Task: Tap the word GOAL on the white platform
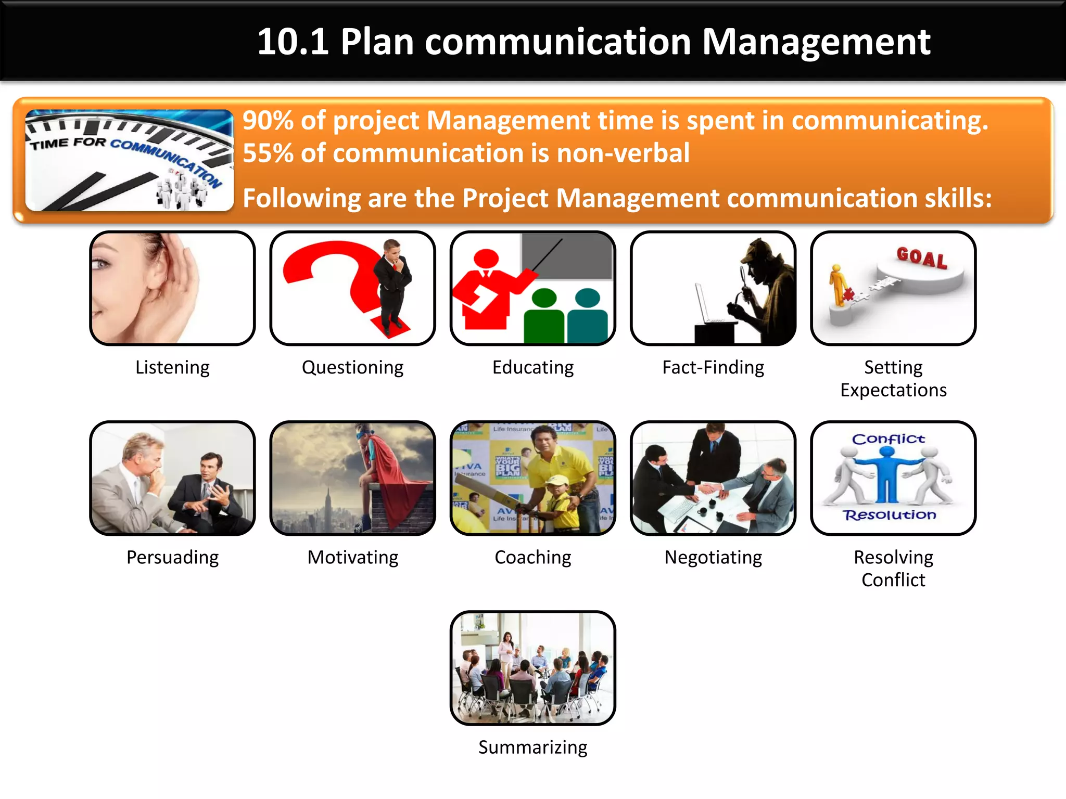point(921,257)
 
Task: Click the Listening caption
point(172,367)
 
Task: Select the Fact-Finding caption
point(713,367)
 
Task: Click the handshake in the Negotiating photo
point(710,488)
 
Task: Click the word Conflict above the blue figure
point(888,439)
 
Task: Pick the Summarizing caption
point(532,748)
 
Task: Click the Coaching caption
point(532,558)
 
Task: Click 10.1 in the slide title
point(293,42)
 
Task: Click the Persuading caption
point(172,558)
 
